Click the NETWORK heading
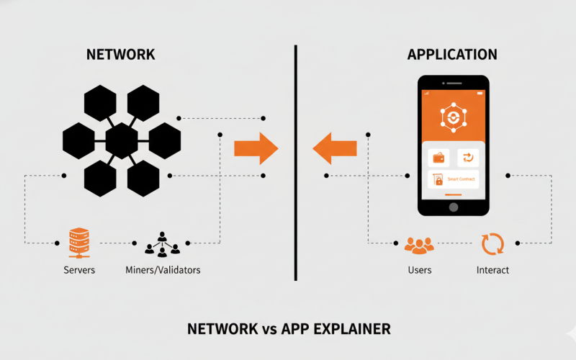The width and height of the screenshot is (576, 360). pos(120,55)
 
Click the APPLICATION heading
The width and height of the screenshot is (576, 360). pos(452,55)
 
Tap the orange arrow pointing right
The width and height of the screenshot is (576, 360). pos(256,148)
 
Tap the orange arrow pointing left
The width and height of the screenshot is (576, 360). pos(335,148)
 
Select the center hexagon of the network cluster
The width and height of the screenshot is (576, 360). pos(122,140)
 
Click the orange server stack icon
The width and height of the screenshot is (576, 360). pos(78,243)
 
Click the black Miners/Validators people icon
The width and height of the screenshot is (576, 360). pos(162,244)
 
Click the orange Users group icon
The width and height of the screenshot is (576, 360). pos(419,245)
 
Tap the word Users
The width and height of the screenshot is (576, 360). pos(419,270)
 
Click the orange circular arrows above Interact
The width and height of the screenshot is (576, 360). pos(492,245)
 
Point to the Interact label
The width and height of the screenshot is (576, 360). pos(492,270)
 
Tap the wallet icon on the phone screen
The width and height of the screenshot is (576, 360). pos(438,158)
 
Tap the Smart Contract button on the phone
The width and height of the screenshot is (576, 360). pos(454,179)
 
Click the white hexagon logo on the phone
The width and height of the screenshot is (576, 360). pos(454,117)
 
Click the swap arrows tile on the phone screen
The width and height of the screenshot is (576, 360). pos(468,158)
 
